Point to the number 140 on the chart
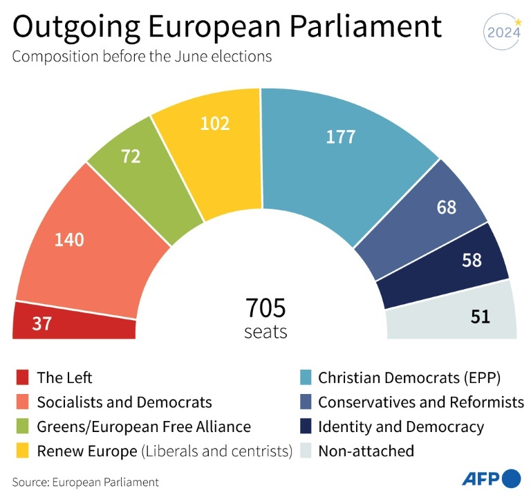click(69, 240)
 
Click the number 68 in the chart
click(446, 207)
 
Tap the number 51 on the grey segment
click(481, 317)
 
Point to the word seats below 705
click(265, 332)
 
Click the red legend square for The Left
click(22, 377)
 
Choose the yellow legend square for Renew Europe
click(22, 451)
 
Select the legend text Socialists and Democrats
click(124, 402)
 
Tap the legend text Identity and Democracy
click(401, 426)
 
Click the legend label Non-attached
click(366, 451)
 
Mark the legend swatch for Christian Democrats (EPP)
click(304, 377)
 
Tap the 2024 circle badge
click(503, 32)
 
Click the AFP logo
click(491, 478)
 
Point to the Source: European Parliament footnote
click(85, 482)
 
